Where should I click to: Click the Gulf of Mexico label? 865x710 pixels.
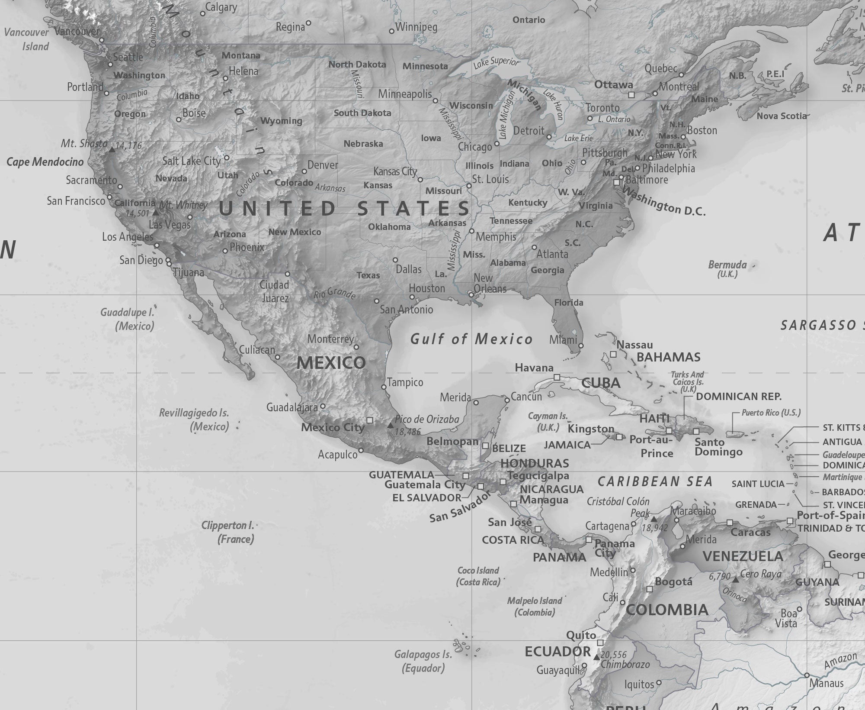tap(471, 339)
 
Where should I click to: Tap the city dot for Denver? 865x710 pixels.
tap(304, 171)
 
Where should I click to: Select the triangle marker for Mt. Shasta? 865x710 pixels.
tap(112, 149)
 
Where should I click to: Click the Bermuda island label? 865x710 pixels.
tap(727, 265)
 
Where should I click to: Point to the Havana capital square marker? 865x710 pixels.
tap(557, 378)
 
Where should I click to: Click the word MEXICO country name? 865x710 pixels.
tap(331, 363)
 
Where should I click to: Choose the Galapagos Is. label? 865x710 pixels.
tap(423, 654)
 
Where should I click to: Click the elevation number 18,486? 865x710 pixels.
tap(407, 432)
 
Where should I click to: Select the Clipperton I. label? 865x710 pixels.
tap(227, 526)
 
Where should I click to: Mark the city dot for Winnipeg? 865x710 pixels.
tap(391, 31)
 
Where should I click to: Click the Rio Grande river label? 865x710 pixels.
tap(335, 294)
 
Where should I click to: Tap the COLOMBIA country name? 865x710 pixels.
tap(667, 610)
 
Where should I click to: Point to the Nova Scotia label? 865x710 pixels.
tap(782, 116)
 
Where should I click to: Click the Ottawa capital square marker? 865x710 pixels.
tap(631, 94)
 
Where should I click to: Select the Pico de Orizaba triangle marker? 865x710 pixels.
tap(391, 426)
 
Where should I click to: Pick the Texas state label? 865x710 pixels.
tap(368, 275)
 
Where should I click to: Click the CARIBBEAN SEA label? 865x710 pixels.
tap(655, 481)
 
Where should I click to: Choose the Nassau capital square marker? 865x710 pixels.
tap(613, 354)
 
